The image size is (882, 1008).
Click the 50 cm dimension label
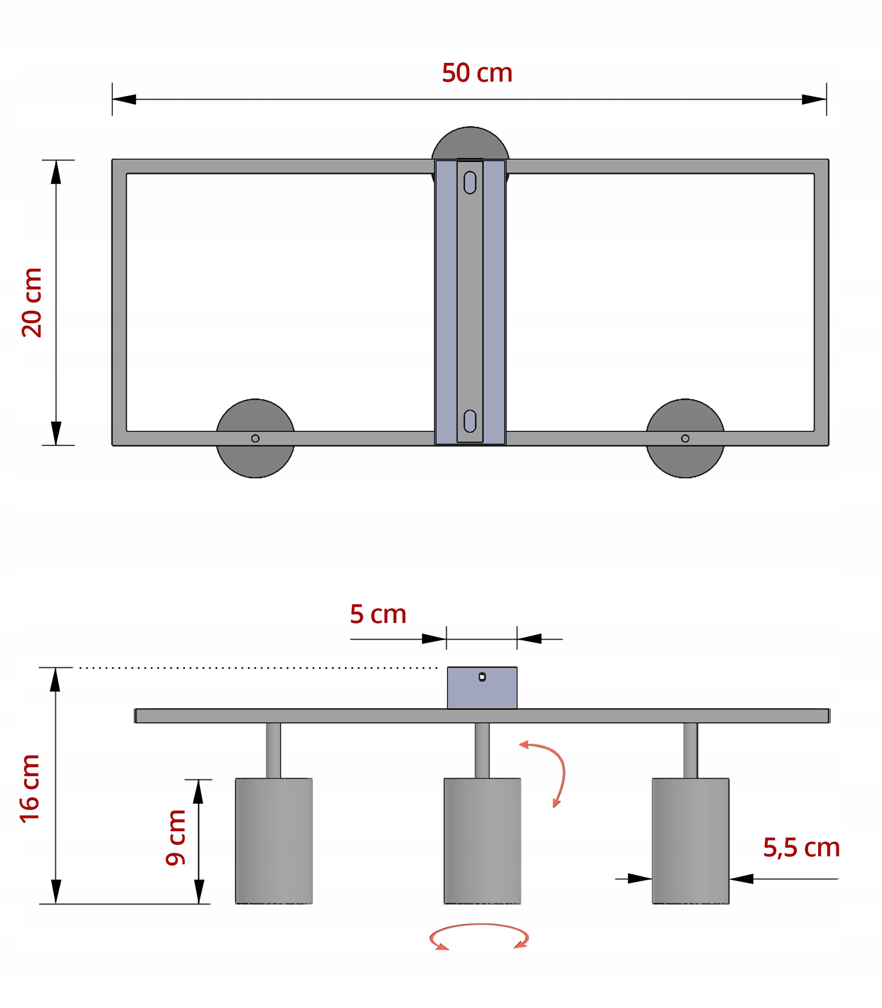pos(477,73)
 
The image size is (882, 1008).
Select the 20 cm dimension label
pos(32,302)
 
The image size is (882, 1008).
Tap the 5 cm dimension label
pos(378,614)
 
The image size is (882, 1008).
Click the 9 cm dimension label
pos(176,837)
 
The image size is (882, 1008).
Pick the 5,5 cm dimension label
pos(801,848)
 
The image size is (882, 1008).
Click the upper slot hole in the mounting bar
pos(470,183)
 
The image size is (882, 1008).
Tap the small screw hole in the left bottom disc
pos(255,438)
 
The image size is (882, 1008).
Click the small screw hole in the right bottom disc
pos(685,438)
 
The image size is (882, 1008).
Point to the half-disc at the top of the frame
pos(470,143)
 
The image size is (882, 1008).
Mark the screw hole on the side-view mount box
pos(482,677)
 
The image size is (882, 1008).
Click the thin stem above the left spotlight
pos(274,750)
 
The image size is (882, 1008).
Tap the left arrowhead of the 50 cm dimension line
pos(124,99)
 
